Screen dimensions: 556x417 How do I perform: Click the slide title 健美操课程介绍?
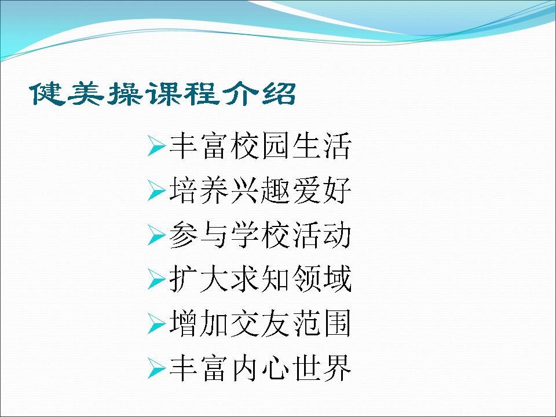click(x=163, y=94)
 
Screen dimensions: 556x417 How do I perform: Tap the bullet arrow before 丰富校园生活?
click(x=156, y=146)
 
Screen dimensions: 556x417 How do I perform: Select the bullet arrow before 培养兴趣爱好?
click(x=156, y=191)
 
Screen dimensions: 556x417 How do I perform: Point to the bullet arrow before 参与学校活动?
click(x=156, y=235)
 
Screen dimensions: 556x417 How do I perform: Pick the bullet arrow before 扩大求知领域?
click(x=156, y=279)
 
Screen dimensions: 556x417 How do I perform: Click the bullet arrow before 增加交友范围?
click(x=156, y=324)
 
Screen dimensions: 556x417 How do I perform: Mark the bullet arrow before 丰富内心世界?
click(x=156, y=368)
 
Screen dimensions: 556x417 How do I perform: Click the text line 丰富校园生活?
click(x=261, y=146)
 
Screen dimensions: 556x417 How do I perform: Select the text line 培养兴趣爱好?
click(x=261, y=191)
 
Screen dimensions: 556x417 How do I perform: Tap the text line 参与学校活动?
click(x=261, y=235)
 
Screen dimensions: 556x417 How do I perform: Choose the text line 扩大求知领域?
click(x=261, y=279)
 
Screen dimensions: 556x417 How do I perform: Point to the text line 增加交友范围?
click(x=261, y=324)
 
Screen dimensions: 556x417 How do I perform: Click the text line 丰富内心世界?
click(x=261, y=368)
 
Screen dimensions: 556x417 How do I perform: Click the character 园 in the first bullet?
click(x=276, y=146)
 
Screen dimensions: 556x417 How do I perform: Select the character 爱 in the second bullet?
click(x=307, y=191)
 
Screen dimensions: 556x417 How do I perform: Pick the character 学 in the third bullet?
click(x=245, y=235)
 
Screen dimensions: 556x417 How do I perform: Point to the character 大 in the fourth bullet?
click(x=214, y=279)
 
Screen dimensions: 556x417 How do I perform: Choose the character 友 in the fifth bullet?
click(x=276, y=324)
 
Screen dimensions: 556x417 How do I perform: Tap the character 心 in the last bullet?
click(x=276, y=368)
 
